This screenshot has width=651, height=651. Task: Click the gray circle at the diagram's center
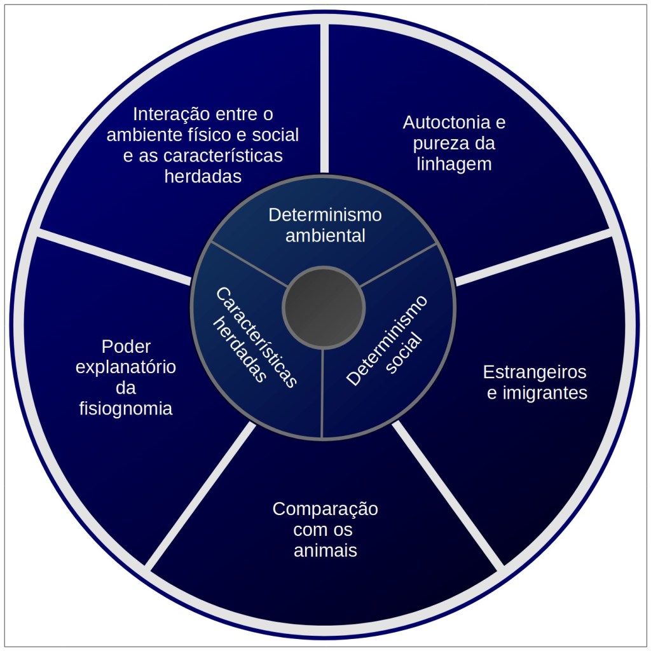[x=324, y=308]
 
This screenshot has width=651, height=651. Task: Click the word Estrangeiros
[x=535, y=371]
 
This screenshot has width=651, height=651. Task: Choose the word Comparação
[x=325, y=509]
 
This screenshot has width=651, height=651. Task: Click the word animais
[x=325, y=551]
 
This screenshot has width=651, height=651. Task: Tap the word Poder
[x=126, y=346]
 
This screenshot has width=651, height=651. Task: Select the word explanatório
[x=126, y=367]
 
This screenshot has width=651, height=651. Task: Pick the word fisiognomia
[x=126, y=408]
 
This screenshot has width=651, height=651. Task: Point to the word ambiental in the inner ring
[x=325, y=236]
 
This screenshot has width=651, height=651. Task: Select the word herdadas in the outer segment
[x=203, y=176]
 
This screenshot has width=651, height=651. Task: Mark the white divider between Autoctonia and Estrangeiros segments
[x=534, y=257]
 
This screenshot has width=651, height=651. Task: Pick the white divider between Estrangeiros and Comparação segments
[x=448, y=493]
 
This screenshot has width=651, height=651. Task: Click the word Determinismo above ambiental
[x=325, y=215]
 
